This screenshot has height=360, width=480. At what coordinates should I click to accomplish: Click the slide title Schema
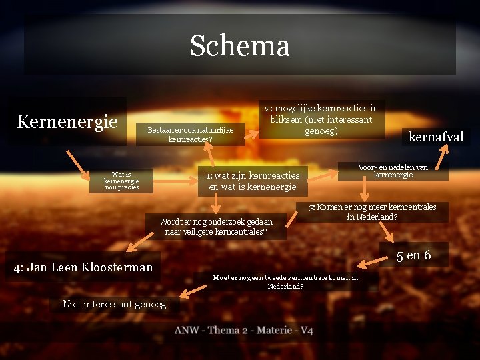click(239, 46)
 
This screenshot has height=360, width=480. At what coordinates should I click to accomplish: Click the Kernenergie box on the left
click(67, 122)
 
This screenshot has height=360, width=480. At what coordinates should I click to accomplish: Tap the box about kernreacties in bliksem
click(321, 119)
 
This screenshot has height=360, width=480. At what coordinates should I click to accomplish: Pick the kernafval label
click(435, 137)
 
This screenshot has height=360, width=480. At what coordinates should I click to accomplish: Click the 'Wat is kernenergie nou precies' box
click(121, 181)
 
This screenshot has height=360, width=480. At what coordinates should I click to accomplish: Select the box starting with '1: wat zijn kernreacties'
click(253, 181)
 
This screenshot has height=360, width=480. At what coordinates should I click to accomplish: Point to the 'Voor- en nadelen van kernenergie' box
click(393, 171)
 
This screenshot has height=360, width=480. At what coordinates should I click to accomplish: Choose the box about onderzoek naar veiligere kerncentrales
click(216, 227)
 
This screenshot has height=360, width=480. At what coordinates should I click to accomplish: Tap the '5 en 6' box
click(414, 255)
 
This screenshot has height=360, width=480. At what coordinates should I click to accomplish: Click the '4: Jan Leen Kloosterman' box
click(83, 267)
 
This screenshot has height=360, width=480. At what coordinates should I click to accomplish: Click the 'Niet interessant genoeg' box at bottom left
click(114, 305)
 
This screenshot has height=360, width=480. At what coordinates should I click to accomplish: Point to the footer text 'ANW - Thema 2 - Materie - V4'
click(243, 331)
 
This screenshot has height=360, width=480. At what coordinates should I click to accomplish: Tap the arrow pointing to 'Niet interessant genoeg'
click(194, 291)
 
